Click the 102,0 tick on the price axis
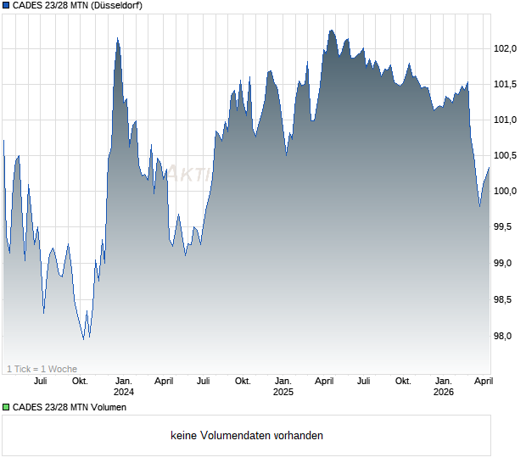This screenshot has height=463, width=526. [505, 48]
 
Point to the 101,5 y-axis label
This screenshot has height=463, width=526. [505, 84]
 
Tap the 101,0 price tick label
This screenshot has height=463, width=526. [505, 120]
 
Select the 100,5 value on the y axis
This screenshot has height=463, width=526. [505, 155]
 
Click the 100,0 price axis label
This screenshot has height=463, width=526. [505, 192]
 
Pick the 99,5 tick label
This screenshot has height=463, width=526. [506, 227]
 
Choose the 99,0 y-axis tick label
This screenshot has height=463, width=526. [506, 263]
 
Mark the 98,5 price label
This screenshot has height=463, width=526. [506, 299]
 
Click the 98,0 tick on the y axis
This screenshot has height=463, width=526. [506, 336]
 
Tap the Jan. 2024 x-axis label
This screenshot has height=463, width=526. [124, 387]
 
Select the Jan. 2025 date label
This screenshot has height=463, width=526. [283, 387]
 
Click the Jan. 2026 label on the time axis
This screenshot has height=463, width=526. [443, 387]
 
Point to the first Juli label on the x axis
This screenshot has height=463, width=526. [40, 381]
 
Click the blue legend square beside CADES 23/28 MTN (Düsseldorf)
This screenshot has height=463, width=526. [6, 6]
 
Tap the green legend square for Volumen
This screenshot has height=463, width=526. [6, 408]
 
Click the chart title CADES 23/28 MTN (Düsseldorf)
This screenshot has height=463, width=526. [77, 6]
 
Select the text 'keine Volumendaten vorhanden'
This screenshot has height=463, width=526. [247, 436]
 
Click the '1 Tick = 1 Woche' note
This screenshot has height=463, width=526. [42, 369]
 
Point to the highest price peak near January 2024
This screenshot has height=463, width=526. [117, 38]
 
